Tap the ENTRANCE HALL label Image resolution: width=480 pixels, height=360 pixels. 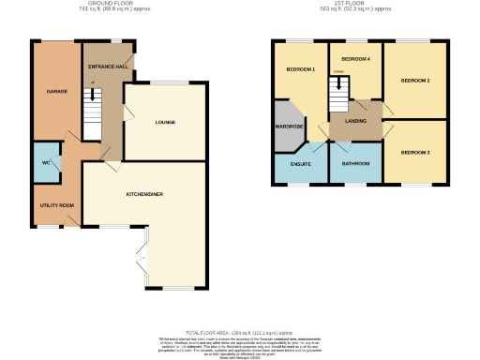(x=109, y=68)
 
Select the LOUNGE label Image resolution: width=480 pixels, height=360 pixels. (x=165, y=122)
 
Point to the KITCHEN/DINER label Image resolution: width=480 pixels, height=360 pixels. (x=144, y=194)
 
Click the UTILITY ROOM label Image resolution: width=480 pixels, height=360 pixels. (x=55, y=204)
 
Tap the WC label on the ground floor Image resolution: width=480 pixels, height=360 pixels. (x=44, y=162)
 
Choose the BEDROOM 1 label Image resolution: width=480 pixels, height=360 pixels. (x=300, y=70)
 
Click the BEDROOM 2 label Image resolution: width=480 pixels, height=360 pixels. (x=415, y=81)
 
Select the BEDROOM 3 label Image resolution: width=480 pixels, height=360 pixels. (x=415, y=152)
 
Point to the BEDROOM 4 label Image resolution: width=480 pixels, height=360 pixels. (x=355, y=60)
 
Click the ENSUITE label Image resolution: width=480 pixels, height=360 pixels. (x=300, y=164)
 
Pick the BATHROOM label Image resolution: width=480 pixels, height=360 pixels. (x=355, y=164)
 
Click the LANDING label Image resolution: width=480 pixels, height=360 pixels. (x=355, y=120)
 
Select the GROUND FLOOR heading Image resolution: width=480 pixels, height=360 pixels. (x=101, y=4)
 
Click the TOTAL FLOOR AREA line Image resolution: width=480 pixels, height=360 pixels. (x=239, y=332)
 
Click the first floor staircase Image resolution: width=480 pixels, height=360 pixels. (x=337, y=93)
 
